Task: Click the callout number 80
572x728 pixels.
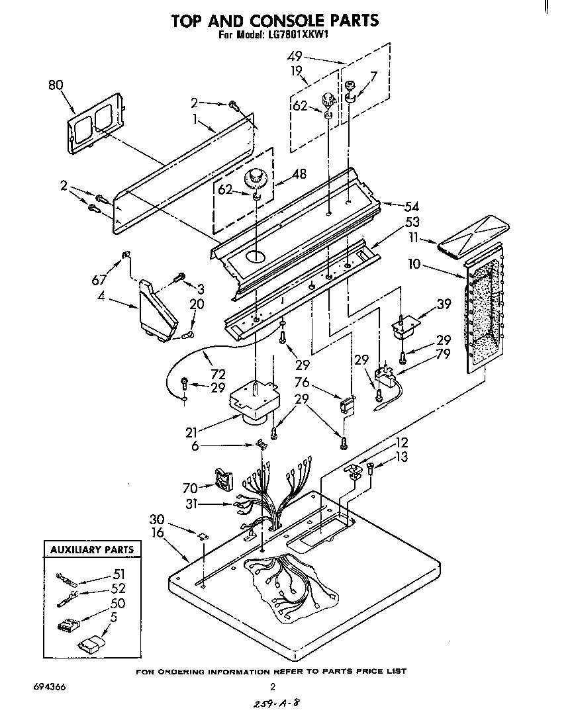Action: tap(57, 85)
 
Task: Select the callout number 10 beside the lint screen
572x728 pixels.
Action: tap(414, 265)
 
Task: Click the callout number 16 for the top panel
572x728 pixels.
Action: tap(158, 532)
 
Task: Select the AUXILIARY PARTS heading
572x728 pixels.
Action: tap(92, 549)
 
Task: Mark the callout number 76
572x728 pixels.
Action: tap(302, 382)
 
